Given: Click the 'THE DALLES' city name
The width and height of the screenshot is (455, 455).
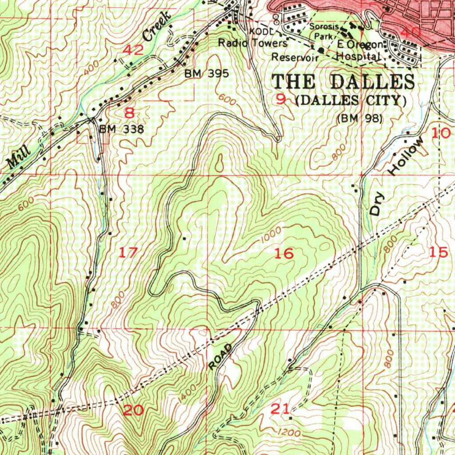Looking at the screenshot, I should point(343,82).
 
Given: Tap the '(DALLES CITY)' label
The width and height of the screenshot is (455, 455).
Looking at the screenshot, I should point(351,100).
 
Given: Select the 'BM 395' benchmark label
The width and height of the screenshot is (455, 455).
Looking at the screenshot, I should point(207,73).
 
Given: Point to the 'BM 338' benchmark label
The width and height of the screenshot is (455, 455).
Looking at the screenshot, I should point(121,129).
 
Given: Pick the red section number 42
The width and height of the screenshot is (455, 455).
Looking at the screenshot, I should point(133,50).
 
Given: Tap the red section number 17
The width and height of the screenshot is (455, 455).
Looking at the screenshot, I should point(128,253).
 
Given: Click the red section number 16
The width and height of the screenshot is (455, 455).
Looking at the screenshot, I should point(284,254).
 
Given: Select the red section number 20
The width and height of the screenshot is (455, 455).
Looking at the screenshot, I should point(133,410).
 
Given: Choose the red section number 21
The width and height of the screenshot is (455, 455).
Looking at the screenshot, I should point(280,409).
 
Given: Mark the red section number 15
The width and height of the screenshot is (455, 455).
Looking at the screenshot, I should point(439,252).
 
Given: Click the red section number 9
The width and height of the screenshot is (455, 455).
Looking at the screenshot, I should point(281,100).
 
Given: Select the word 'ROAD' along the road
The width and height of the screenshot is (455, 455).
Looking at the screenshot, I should point(220,356).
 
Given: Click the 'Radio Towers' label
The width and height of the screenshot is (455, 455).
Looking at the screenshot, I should point(252,43).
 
